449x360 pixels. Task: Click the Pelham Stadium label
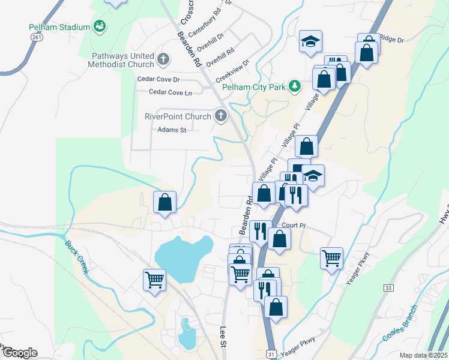tap(59, 27)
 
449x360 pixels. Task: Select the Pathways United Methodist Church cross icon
tap(163, 59)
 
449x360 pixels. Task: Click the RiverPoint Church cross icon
tap(221, 116)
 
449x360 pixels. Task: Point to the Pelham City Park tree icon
tap(294, 86)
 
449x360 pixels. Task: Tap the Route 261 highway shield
tap(36, 37)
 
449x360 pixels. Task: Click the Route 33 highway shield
tap(388, 289)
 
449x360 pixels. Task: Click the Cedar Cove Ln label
tap(170, 92)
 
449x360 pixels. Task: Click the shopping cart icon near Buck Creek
tap(154, 279)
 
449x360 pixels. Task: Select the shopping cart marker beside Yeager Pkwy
tap(331, 258)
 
